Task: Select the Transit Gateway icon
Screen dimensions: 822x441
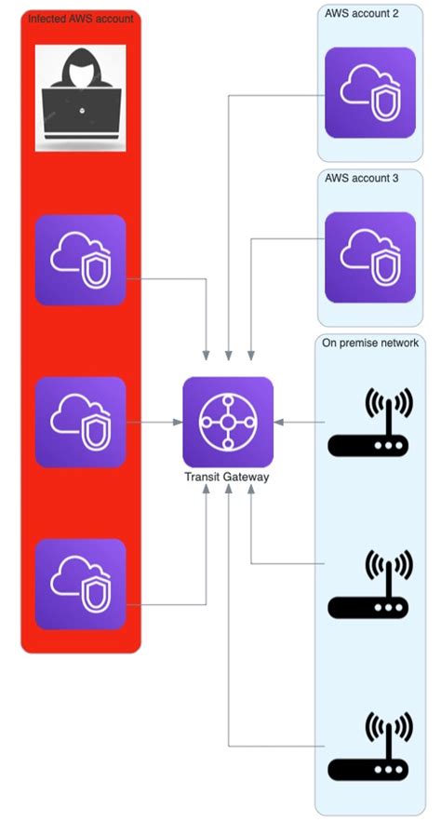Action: pos(228,422)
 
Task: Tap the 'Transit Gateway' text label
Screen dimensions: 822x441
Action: pos(228,477)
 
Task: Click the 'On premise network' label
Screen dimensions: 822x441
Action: pos(370,343)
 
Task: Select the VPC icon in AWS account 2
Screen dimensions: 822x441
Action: pos(369,93)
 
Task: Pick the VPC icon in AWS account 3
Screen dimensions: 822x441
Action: pos(369,257)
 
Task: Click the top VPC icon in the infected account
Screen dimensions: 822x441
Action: pos(80,261)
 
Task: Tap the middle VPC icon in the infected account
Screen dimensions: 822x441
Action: pos(80,422)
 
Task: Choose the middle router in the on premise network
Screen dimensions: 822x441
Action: pos(368,586)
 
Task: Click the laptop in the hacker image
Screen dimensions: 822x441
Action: pos(81,114)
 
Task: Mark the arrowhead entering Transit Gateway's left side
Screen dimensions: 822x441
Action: pos(178,422)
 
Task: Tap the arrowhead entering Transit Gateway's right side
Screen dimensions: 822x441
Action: pos(280,422)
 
